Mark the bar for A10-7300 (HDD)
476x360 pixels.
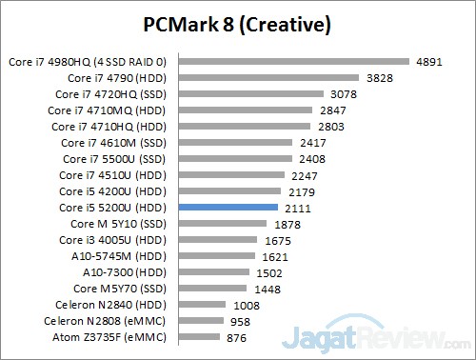click(x=214, y=271)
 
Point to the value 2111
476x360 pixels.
click(x=295, y=207)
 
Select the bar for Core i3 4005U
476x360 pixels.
click(x=218, y=239)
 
